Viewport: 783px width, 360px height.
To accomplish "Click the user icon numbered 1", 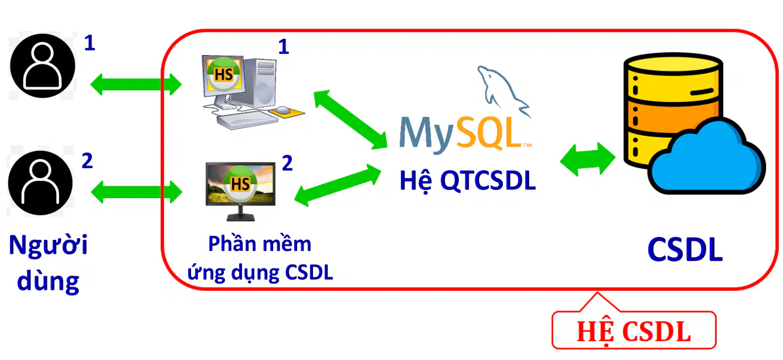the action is coord(43,66).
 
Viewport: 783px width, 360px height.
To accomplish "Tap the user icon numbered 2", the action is coord(40,183).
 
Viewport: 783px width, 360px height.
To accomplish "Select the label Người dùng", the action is coord(48,263).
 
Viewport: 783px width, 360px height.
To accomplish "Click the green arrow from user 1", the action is coord(135,84).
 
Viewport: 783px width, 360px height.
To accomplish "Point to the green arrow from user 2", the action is coord(137,192).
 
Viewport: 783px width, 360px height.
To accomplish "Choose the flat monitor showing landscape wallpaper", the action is coord(240,191).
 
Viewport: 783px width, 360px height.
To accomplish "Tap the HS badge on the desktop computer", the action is coord(224,74).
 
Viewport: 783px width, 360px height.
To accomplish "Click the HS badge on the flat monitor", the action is coord(240,184).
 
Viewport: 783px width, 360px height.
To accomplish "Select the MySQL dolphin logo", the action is coord(503,90).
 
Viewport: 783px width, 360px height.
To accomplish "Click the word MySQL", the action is coord(465,134).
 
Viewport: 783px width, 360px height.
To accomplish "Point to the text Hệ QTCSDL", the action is coord(467,181).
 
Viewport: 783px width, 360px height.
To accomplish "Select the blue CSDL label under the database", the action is coord(685,249).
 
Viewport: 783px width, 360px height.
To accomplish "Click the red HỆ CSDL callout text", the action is coord(634,331).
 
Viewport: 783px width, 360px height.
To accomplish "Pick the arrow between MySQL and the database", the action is coord(588,159).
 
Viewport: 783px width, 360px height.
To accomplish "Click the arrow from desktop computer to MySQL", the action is coord(350,119).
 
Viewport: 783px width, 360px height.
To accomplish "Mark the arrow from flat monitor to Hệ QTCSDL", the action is coord(338,185).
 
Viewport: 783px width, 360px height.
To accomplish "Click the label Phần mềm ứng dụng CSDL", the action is coord(260,258).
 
